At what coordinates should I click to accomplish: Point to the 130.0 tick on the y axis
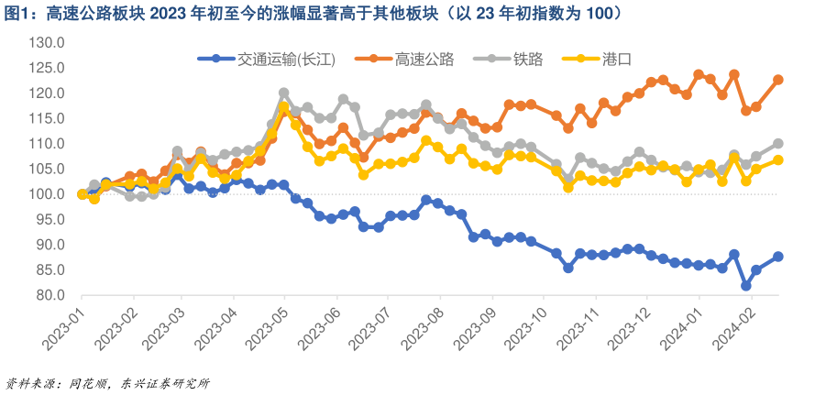click(46, 43)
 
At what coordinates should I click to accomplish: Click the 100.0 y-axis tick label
click(46, 194)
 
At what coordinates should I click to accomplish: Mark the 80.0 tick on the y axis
click(48, 295)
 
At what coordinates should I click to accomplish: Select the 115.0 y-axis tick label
click(46, 119)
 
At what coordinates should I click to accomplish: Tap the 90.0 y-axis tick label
click(48, 245)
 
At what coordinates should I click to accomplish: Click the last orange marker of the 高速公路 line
click(778, 80)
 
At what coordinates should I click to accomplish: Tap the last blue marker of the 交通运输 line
click(778, 257)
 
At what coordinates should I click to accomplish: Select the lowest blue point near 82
click(746, 286)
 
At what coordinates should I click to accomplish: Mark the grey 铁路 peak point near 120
click(283, 93)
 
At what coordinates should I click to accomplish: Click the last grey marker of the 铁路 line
click(778, 143)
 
